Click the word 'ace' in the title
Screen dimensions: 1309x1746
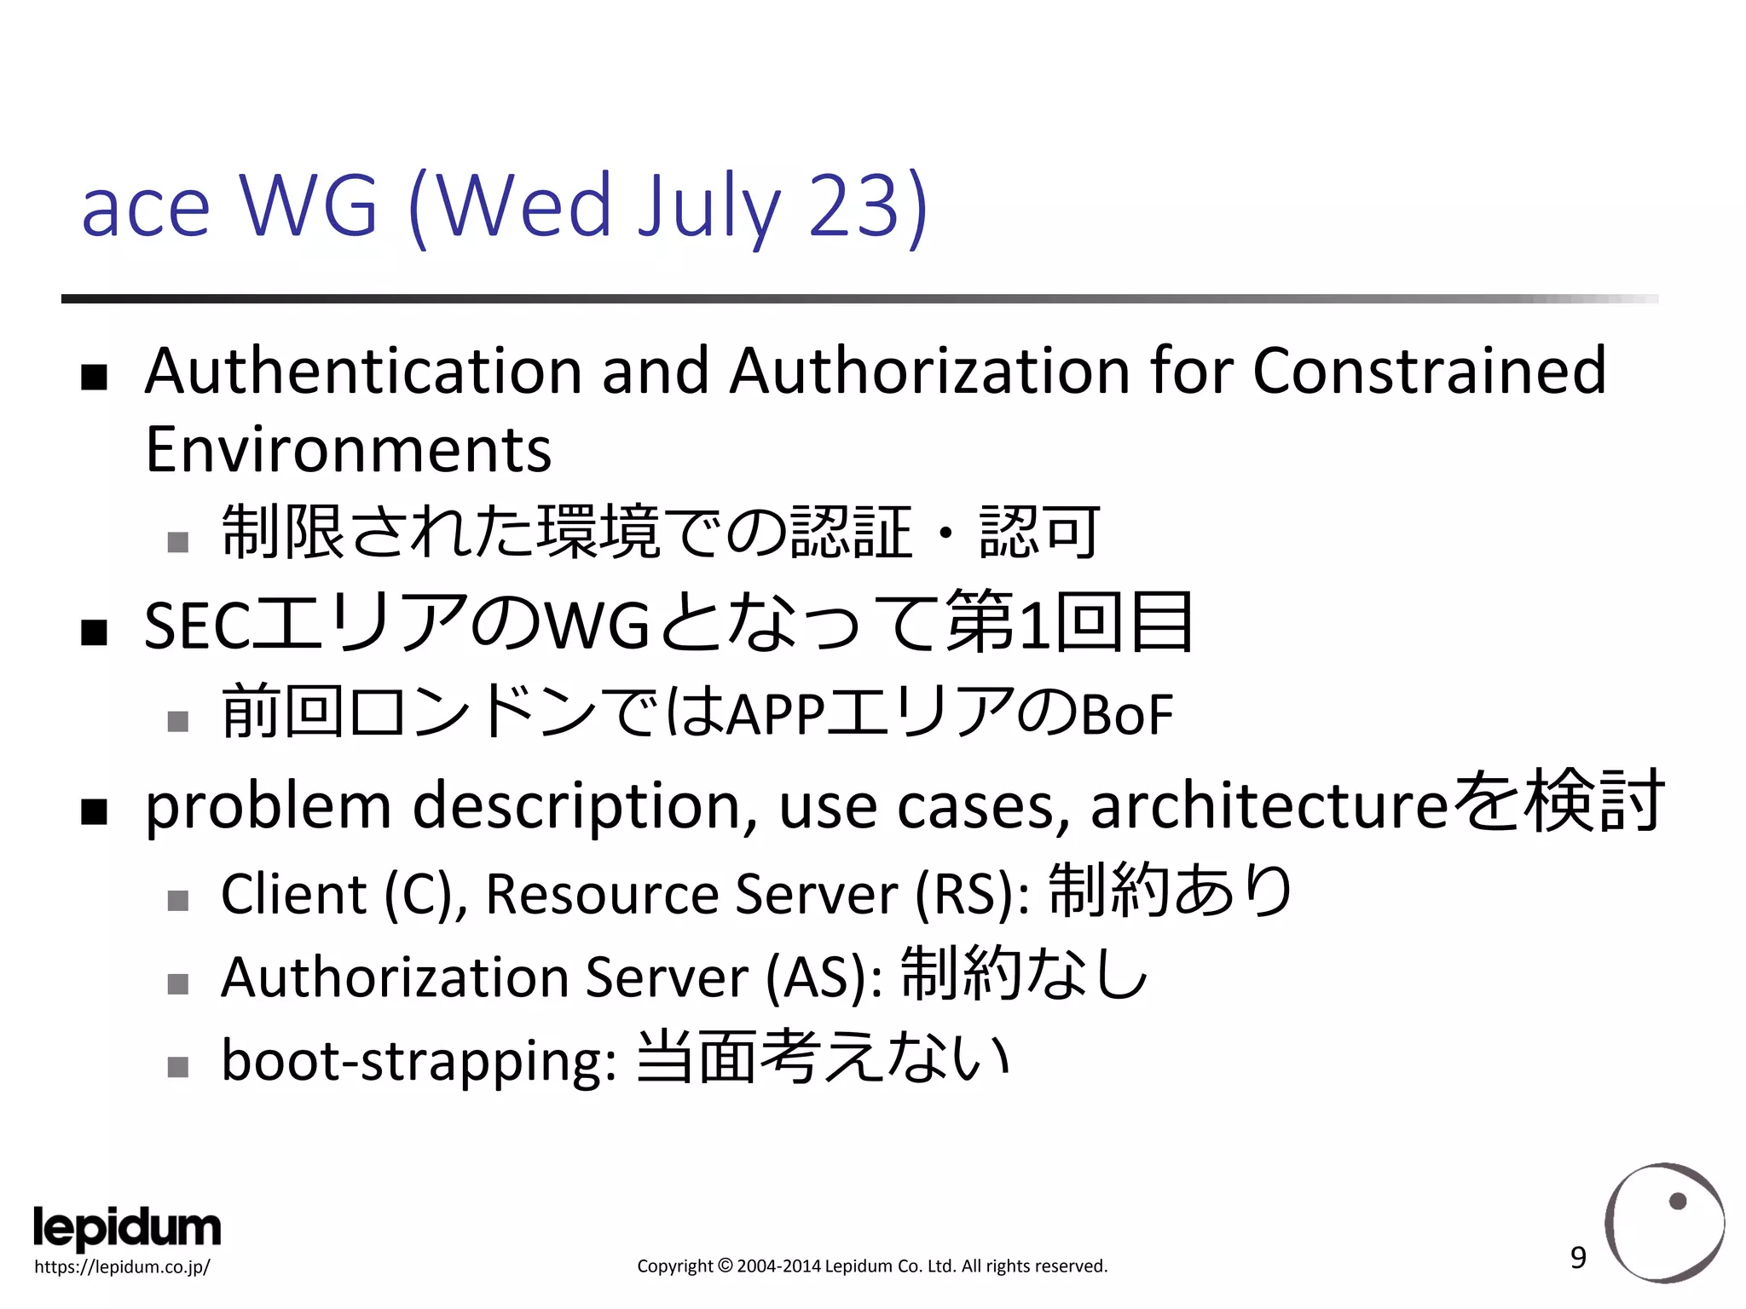[x=146, y=210]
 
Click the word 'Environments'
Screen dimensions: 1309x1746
[x=348, y=450]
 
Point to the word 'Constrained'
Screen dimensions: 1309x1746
[x=1429, y=372]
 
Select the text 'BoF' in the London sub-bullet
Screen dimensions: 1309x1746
[x=1127, y=716]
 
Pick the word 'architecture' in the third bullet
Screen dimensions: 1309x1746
[x=1269, y=806]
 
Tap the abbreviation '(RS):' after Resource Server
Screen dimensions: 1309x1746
[x=972, y=895]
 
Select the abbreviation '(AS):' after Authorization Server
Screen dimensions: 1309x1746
[x=824, y=978]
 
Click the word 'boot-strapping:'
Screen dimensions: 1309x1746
[x=419, y=1062]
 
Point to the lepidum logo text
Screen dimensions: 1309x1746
[x=127, y=1228]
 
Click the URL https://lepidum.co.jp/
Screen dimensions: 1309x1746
[x=122, y=1267]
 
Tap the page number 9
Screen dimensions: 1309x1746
[x=1578, y=1258]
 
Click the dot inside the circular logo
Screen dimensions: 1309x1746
[x=1678, y=1202]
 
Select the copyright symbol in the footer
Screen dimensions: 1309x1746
[x=725, y=1266]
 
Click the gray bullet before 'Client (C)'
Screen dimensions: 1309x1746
[x=177, y=901]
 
